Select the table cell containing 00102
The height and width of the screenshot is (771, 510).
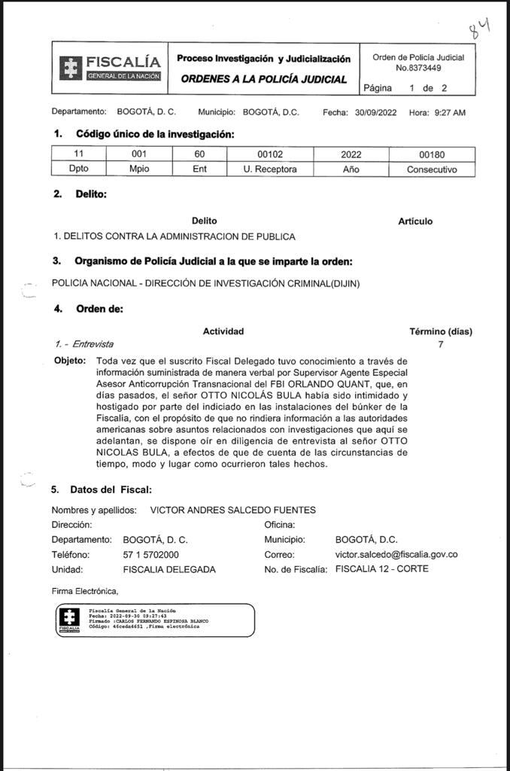pyautogui.click(x=269, y=154)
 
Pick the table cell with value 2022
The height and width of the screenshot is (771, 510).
pyautogui.click(x=351, y=154)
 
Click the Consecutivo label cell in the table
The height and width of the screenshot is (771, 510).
pyautogui.click(x=432, y=169)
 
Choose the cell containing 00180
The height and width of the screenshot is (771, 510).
pyautogui.click(x=432, y=154)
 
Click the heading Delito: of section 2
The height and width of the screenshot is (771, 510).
pyautogui.click(x=91, y=194)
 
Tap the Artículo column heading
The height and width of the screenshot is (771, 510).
pyautogui.click(x=415, y=221)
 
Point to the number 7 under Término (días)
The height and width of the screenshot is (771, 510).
pyautogui.click(x=441, y=344)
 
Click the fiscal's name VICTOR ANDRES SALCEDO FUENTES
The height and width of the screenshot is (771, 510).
pyautogui.click(x=233, y=510)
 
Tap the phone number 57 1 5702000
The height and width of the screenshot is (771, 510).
pyautogui.click(x=150, y=555)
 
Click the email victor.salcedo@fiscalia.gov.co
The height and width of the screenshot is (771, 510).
pyautogui.click(x=396, y=555)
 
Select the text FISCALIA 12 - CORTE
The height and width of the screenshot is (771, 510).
pyautogui.click(x=382, y=569)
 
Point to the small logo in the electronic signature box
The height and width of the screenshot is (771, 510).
pyautogui.click(x=69, y=620)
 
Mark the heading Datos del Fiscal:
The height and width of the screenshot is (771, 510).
pyautogui.click(x=111, y=489)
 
